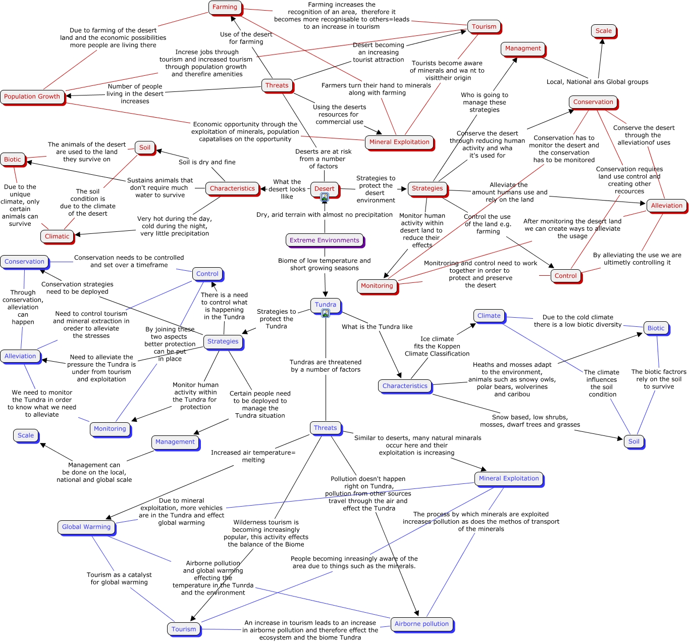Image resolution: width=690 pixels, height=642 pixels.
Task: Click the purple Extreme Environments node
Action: point(325,240)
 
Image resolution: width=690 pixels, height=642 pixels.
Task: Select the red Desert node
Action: point(324,188)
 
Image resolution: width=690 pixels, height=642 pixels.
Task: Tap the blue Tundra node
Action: point(325,305)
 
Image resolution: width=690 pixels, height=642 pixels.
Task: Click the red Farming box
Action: point(225,7)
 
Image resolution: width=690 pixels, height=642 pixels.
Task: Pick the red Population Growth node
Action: point(32,96)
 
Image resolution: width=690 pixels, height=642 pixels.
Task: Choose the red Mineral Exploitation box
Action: point(399,142)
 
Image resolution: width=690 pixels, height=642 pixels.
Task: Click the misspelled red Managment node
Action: point(523,48)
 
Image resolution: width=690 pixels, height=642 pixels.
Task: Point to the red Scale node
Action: point(603,31)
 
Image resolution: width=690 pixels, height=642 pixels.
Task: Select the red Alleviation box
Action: point(666,206)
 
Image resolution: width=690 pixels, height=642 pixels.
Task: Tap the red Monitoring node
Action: point(377,286)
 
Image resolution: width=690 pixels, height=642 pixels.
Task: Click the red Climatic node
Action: point(57,236)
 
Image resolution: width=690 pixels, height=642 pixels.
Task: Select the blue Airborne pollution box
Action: point(421,624)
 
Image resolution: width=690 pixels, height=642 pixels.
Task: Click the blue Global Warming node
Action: point(86,527)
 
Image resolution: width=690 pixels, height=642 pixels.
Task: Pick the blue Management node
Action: point(175,442)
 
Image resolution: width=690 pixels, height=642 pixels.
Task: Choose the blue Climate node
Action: point(489,316)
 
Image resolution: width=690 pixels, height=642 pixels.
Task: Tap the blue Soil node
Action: point(633,441)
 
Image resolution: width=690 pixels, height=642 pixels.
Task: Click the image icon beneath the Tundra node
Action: point(325,314)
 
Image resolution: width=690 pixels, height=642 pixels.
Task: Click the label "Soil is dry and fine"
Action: point(207,162)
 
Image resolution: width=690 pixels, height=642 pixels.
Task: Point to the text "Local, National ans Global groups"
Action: point(597,82)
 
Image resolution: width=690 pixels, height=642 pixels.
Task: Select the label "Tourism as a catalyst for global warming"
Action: point(119,578)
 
